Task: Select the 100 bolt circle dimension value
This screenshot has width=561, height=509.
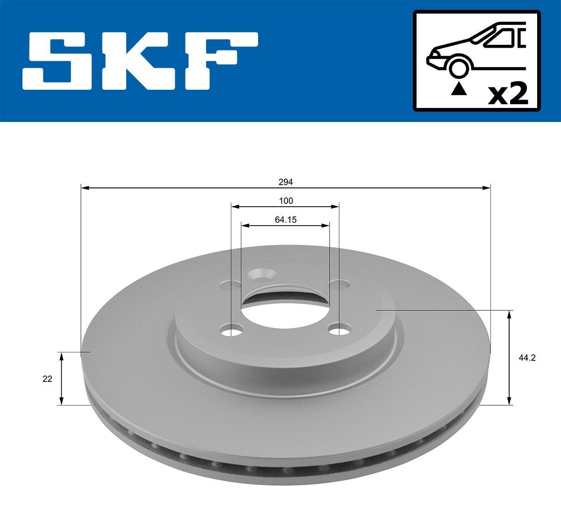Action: pyautogui.click(x=286, y=201)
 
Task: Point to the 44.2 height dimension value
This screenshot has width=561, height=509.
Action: pyautogui.click(x=526, y=358)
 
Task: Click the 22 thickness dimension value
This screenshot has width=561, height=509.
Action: pyautogui.click(x=47, y=379)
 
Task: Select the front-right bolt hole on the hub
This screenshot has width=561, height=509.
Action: pyautogui.click(x=340, y=330)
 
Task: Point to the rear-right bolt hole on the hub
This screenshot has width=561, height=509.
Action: pyautogui.click(x=339, y=284)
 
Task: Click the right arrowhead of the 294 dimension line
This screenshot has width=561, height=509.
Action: pyautogui.click(x=487, y=188)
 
